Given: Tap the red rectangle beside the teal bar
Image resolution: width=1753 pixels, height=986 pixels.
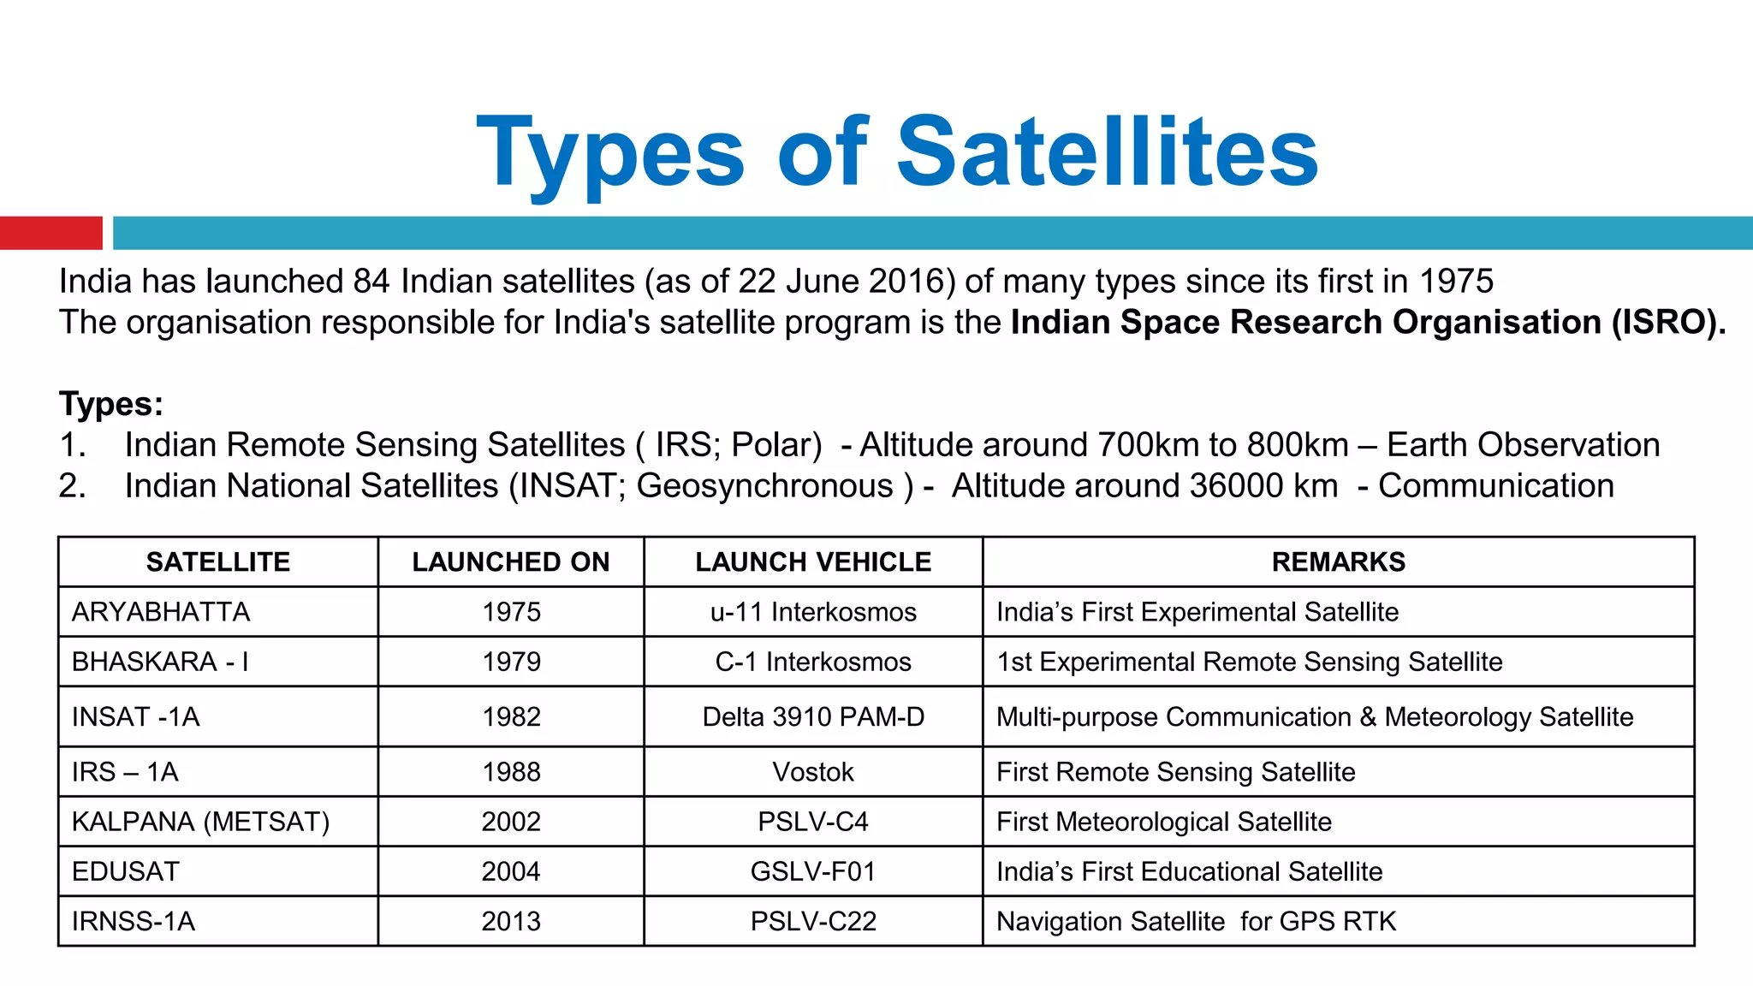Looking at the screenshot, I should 51,233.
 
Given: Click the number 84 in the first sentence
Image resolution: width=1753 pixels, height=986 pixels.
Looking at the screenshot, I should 371,282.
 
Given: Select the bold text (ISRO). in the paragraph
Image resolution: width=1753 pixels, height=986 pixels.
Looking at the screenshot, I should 1668,323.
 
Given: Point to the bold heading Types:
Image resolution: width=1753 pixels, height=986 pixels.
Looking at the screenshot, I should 110,404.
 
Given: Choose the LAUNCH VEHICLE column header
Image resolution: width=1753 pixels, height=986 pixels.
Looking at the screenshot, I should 812,562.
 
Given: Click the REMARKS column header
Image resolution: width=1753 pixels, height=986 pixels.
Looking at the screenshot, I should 1338,562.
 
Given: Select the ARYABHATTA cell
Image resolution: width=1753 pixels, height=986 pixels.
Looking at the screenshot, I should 161,612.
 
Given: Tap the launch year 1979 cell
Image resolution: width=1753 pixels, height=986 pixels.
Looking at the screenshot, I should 511,662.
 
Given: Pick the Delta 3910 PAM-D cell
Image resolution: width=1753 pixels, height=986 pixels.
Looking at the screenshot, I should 813,717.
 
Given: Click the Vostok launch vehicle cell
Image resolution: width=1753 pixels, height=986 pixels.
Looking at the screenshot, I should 813,772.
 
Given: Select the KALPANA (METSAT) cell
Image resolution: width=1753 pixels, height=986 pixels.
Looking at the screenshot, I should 200,822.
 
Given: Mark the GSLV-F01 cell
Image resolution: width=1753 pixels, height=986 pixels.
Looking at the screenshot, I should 813,871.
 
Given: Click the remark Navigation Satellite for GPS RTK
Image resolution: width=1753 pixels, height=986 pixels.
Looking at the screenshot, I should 1196,922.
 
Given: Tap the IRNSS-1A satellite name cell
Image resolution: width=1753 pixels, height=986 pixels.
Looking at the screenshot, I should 134,922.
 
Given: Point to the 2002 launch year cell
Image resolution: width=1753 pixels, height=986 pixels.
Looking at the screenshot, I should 511,822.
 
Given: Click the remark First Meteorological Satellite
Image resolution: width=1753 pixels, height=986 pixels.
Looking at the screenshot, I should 1164,822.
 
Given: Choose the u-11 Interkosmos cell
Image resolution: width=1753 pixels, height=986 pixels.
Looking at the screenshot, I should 813,612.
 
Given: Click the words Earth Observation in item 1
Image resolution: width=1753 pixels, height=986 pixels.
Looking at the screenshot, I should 1523,445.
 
